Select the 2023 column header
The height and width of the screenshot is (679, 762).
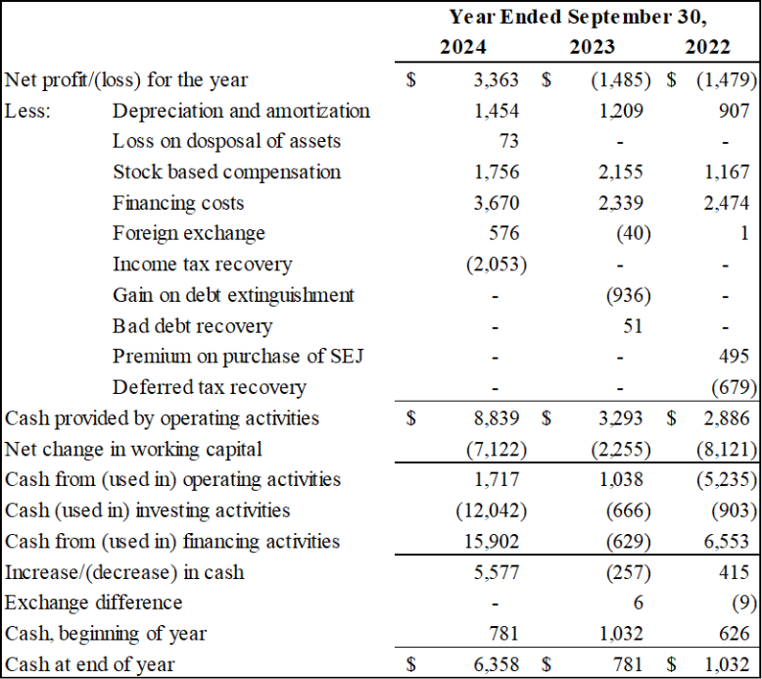click(x=592, y=47)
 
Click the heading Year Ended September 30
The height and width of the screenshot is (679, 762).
click(x=578, y=17)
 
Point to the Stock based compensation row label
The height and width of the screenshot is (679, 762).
click(x=226, y=172)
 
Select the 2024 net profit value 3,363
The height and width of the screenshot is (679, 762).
click(x=497, y=80)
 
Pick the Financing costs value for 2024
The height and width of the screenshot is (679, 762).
click(x=497, y=204)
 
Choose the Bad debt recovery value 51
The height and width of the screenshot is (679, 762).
click(x=633, y=326)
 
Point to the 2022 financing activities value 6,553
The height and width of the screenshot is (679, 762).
click(x=726, y=541)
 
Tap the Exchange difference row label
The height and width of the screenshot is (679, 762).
click(x=94, y=603)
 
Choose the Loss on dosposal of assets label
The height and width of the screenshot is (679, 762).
click(x=226, y=141)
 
